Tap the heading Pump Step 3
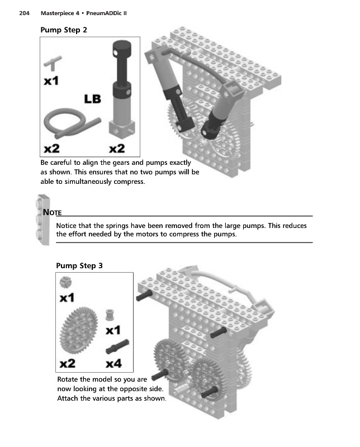(x=79, y=265)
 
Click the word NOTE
(x=52, y=212)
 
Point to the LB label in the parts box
(x=92, y=99)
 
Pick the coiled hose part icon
(x=70, y=125)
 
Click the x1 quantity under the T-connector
(x=52, y=82)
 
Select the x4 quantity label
(x=114, y=364)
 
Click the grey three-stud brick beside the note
(x=39, y=218)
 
